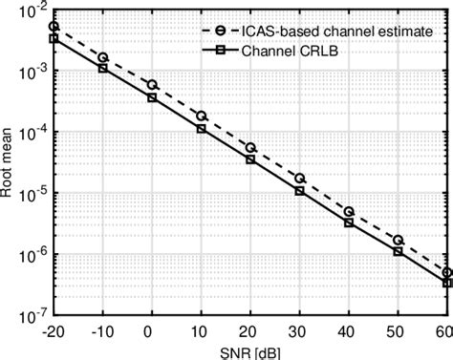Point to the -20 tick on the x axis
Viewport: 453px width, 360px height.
click(x=53, y=330)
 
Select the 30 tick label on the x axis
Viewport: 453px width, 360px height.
click(x=299, y=330)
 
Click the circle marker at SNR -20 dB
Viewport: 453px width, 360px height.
click(x=54, y=27)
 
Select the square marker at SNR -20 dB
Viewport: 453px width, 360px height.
click(x=54, y=38)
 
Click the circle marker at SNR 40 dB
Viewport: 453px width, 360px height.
click(x=349, y=211)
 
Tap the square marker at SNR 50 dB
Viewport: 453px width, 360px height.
click(x=398, y=251)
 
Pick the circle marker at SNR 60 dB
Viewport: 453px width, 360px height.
click(x=446, y=272)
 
